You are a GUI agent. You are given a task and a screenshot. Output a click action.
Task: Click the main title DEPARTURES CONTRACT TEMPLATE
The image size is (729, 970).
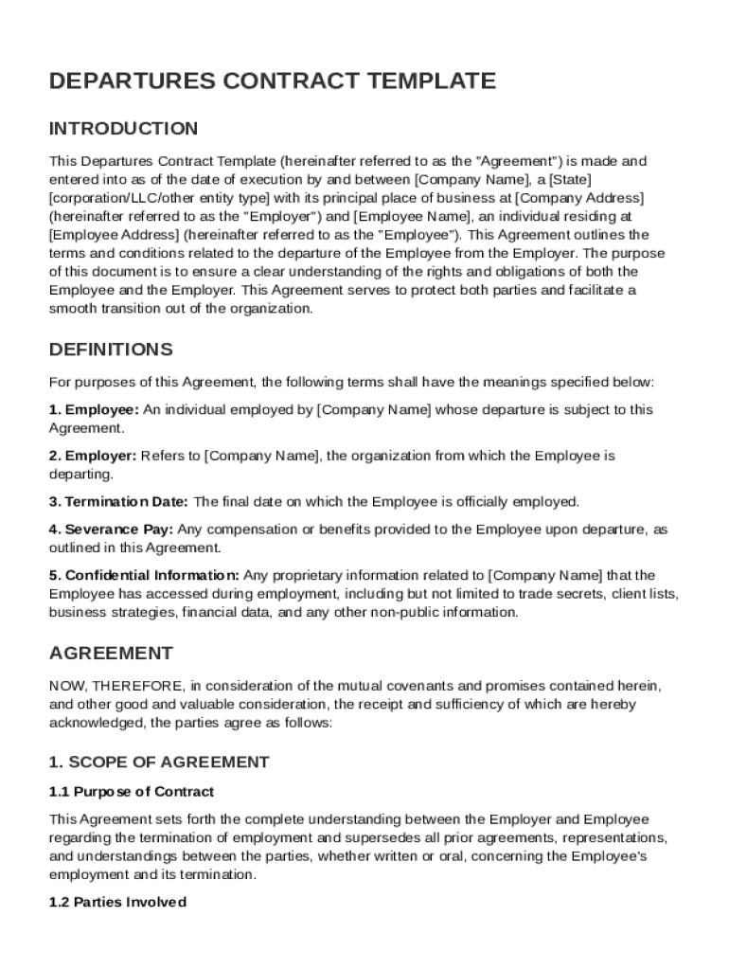point(272,81)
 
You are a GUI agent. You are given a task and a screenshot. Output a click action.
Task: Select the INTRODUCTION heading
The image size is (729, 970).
point(123,129)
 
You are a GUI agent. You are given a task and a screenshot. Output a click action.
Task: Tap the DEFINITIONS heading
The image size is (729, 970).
point(111,350)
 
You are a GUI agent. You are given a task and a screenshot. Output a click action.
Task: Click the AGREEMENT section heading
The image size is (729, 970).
point(111,653)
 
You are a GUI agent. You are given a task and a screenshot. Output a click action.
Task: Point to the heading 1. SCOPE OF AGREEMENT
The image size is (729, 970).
point(159,763)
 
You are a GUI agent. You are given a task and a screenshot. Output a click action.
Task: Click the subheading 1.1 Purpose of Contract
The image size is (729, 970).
point(132,792)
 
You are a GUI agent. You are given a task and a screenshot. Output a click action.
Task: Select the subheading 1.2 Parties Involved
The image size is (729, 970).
point(117,903)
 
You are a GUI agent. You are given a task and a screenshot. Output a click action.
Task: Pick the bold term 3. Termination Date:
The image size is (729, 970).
point(118,502)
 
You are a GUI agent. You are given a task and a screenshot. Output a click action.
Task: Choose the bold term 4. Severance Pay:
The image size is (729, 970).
point(111,530)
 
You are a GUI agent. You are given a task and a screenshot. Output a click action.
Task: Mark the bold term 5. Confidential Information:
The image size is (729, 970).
point(144,575)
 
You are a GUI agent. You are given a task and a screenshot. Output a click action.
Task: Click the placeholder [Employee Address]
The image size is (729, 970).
point(114,235)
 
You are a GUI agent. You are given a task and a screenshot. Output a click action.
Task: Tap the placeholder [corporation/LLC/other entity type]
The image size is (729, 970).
point(160,198)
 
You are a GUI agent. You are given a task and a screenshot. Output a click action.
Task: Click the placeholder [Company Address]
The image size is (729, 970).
point(578,198)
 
